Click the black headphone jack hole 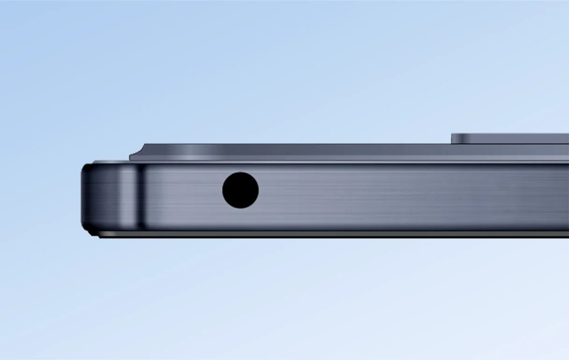[241, 190]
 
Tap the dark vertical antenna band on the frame [139, 196]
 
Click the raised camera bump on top [510, 138]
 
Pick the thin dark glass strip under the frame [328, 234]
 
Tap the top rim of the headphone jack [241, 173]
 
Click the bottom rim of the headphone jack [241, 207]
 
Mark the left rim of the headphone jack [223, 190]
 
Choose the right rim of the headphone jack [258, 190]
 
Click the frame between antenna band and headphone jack [182, 196]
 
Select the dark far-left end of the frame [85, 196]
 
